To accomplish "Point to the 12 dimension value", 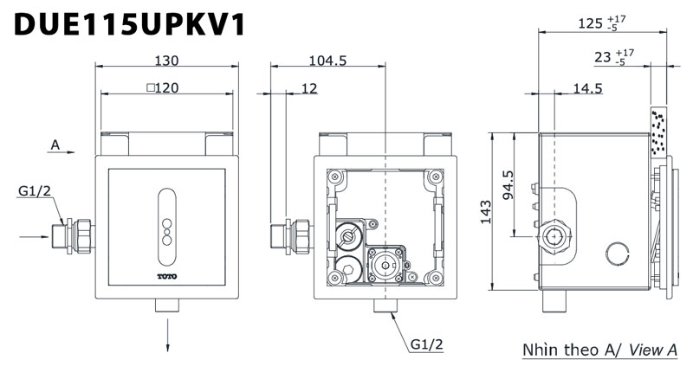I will pyautogui.click(x=309, y=87).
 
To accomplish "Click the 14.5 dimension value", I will pyautogui.click(x=586, y=87).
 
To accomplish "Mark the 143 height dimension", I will pyautogui.click(x=485, y=210).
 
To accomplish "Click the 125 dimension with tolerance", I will pyautogui.click(x=598, y=23).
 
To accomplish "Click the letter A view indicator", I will pyautogui.click(x=55, y=145).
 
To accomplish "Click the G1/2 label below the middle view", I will pyautogui.click(x=427, y=344).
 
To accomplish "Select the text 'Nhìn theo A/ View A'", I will pyautogui.click(x=599, y=350).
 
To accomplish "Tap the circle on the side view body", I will pyautogui.click(x=616, y=253).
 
